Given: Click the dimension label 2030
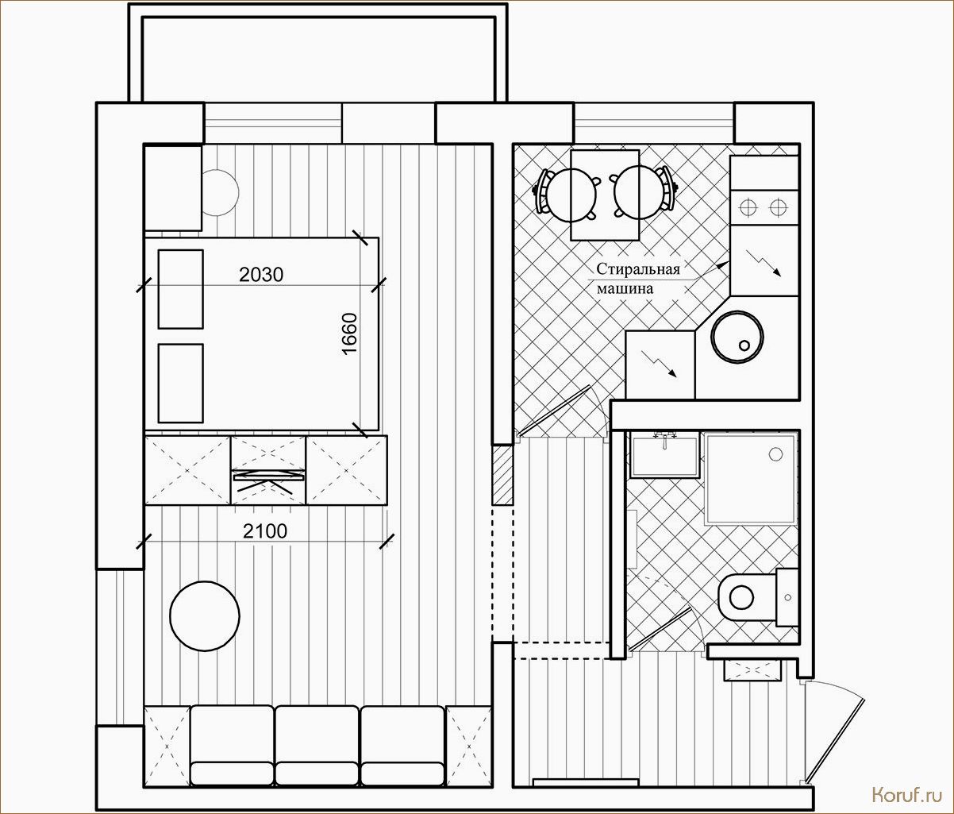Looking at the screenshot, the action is tap(261, 275).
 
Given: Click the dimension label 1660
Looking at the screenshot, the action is tap(350, 334).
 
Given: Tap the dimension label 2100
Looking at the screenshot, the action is tap(265, 531).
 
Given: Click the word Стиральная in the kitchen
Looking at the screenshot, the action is tap(638, 269).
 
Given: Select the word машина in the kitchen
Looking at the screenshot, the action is tap(625, 289).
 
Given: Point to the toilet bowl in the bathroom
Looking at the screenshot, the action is tap(748, 597).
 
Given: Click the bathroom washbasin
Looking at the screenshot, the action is tap(664, 456).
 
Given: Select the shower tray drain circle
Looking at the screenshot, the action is tap(776, 454).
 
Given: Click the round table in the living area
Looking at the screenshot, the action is tap(205, 616).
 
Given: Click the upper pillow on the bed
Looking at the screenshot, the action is tap(181, 290).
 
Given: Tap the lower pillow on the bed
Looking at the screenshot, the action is tap(181, 384).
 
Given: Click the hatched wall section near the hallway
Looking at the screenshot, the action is tap(502, 474).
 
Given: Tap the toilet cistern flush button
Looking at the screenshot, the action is tap(788, 597).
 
